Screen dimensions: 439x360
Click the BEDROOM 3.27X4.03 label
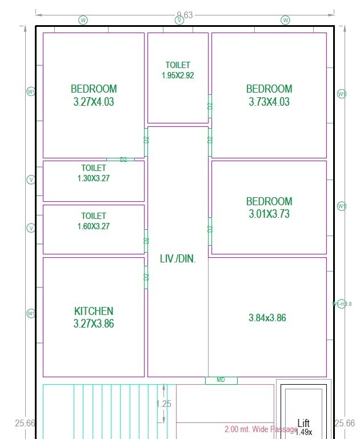point(94,95)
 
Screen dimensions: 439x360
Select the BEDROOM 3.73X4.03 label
point(269,95)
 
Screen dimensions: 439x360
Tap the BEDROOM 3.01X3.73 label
point(269,208)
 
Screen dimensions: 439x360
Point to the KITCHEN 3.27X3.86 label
point(94,317)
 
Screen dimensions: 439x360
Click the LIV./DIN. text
point(178,259)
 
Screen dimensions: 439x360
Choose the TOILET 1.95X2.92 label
point(178,70)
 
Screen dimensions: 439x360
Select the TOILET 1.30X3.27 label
point(93,173)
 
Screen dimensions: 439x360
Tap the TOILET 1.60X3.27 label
point(93,221)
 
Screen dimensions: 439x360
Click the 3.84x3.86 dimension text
point(267,318)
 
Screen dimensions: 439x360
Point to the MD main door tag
point(221,380)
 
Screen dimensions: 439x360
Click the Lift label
point(303,424)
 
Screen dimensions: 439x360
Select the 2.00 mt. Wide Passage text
point(261,429)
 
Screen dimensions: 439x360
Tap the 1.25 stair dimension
point(164,404)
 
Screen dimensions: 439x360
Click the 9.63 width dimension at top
point(185,15)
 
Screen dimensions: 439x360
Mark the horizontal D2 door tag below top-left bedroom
point(123,159)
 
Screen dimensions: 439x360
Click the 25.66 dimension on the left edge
point(25,424)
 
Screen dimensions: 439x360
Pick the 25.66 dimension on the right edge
point(344,424)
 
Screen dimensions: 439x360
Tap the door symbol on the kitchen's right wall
point(146,277)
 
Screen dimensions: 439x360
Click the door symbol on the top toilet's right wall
point(210,106)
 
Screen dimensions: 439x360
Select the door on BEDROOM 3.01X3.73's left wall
point(210,229)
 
